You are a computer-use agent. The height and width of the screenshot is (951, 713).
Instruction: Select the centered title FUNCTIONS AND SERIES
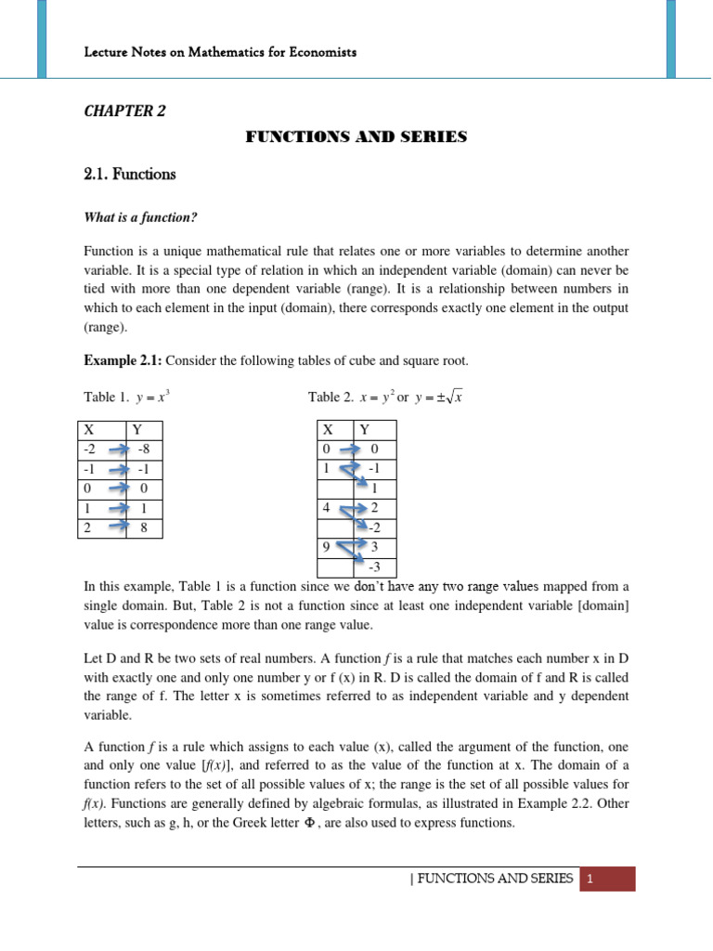coord(356,137)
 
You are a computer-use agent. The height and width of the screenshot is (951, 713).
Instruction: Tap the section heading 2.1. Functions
coord(129,174)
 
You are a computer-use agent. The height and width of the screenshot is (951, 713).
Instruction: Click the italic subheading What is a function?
coord(141,217)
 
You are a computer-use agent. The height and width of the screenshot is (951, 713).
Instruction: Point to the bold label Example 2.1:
coord(123,360)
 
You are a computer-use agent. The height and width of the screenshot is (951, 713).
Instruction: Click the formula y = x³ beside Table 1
coord(152,397)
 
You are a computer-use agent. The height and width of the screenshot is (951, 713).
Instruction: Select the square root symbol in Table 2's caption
coord(454,397)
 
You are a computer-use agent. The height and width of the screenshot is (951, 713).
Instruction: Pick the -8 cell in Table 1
coord(143,449)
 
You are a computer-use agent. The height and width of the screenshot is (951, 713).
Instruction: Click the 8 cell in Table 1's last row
coord(143,528)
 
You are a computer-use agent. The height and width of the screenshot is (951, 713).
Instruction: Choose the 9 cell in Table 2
coord(327,547)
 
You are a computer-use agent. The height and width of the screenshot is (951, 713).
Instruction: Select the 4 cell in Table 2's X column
coord(327,508)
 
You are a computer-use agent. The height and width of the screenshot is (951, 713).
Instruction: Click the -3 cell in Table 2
coord(373,567)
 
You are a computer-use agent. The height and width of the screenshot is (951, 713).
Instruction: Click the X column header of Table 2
coord(328,430)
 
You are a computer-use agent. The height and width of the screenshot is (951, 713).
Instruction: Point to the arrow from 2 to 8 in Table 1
coord(118,528)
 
